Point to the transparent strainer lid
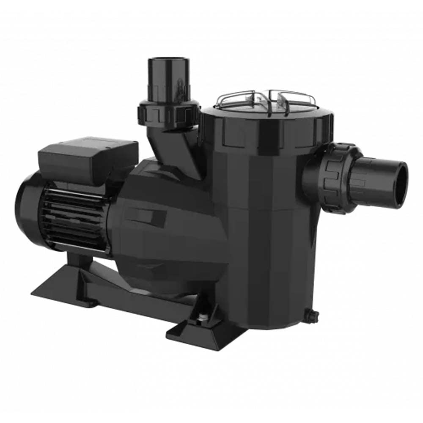(x=265, y=100)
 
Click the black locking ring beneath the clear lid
(x=266, y=127)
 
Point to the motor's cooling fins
(x=72, y=216)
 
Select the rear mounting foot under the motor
(x=63, y=288)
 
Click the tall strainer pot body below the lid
(x=271, y=237)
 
